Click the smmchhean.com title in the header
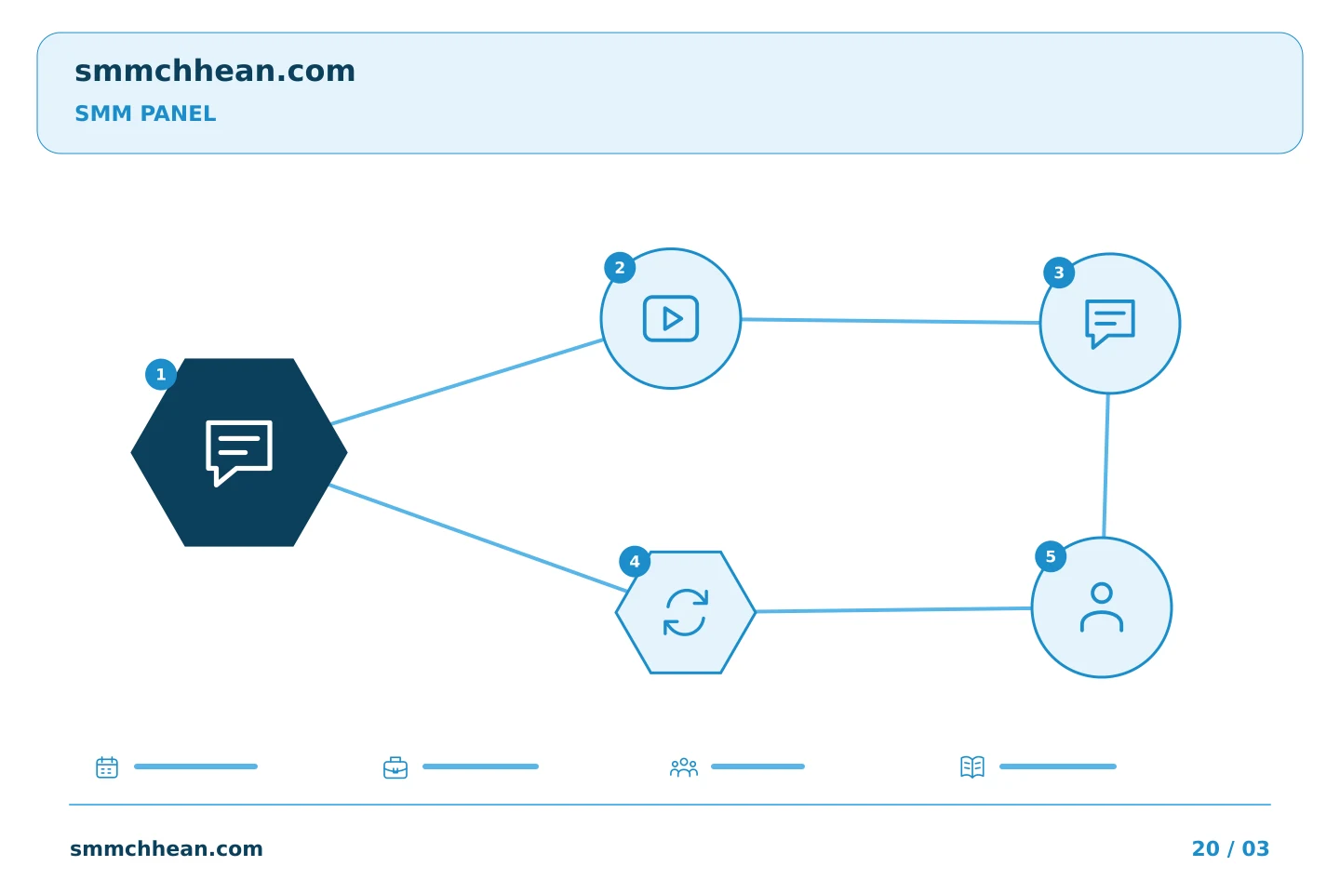(x=215, y=72)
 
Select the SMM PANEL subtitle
(x=145, y=113)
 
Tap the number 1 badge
(x=161, y=375)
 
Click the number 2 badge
(x=620, y=268)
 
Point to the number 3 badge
(x=1059, y=273)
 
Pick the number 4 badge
(x=635, y=562)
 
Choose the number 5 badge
(x=1051, y=557)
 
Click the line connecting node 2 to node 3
(x=891, y=321)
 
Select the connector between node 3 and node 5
(x=1106, y=465)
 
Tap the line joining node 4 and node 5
(x=893, y=610)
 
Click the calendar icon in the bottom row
(x=107, y=766)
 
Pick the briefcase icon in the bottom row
(x=395, y=768)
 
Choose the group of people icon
(x=684, y=767)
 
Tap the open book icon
(x=972, y=766)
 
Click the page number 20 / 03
(x=1230, y=848)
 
